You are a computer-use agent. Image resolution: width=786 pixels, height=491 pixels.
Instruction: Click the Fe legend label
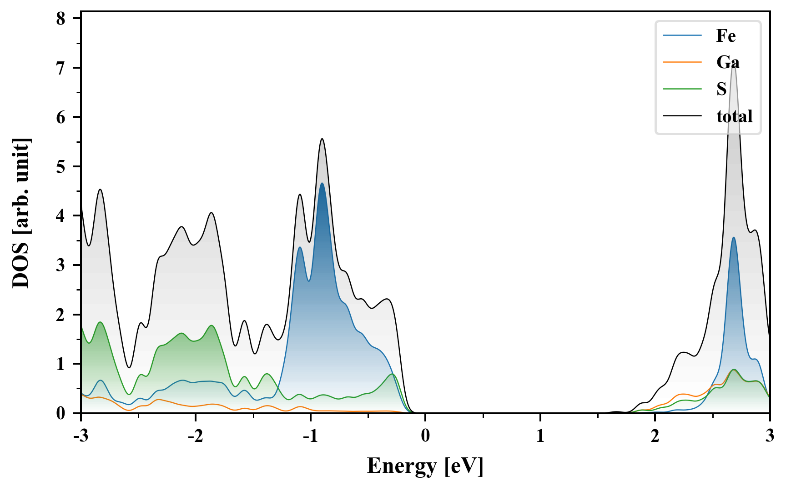(x=726, y=36)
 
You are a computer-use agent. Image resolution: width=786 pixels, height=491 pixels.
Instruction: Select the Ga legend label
(x=728, y=62)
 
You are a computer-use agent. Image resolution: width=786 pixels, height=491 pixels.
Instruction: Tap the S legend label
(x=721, y=89)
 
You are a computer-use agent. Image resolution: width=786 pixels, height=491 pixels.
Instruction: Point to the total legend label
(x=734, y=116)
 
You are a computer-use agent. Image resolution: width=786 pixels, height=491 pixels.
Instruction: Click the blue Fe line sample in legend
(x=682, y=35)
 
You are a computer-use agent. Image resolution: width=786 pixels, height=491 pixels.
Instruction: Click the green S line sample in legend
(x=682, y=89)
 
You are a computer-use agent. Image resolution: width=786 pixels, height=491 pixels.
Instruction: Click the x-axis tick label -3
(x=81, y=436)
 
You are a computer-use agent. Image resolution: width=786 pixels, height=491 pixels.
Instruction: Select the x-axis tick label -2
(x=195, y=436)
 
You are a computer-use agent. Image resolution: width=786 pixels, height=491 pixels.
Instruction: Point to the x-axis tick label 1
(x=540, y=436)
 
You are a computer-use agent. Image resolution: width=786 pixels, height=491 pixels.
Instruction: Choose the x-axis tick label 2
(x=655, y=436)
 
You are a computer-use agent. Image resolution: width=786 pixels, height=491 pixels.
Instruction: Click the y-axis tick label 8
(x=61, y=19)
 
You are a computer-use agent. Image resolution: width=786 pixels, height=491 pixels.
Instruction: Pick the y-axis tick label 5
(x=61, y=167)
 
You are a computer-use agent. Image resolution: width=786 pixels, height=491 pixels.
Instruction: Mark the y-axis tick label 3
(x=61, y=266)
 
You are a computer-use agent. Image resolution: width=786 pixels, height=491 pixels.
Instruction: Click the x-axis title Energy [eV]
(x=425, y=466)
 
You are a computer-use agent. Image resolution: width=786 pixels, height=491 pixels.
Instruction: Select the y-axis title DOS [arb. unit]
(x=20, y=213)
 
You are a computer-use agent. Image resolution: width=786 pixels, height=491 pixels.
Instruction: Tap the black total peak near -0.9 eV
(x=322, y=139)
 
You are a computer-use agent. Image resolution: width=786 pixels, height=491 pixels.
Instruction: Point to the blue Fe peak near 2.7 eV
(x=733, y=238)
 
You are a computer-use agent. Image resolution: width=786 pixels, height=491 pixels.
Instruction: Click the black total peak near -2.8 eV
(x=100, y=190)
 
